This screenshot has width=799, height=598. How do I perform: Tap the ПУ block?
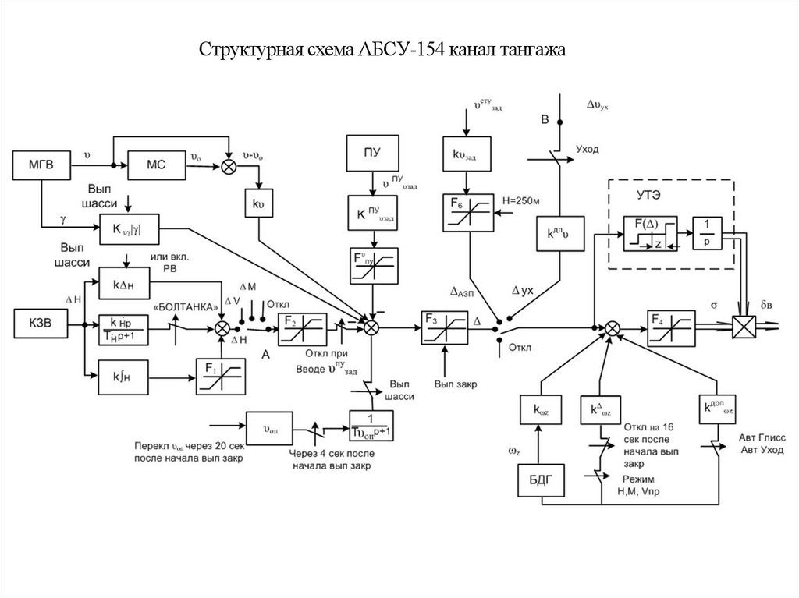[x=371, y=152]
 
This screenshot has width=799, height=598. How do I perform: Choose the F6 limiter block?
[x=467, y=213]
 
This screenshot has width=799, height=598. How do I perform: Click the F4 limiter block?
[x=670, y=327]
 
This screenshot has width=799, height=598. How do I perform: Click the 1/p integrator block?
[x=705, y=233]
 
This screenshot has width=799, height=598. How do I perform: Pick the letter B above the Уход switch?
[x=545, y=119]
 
